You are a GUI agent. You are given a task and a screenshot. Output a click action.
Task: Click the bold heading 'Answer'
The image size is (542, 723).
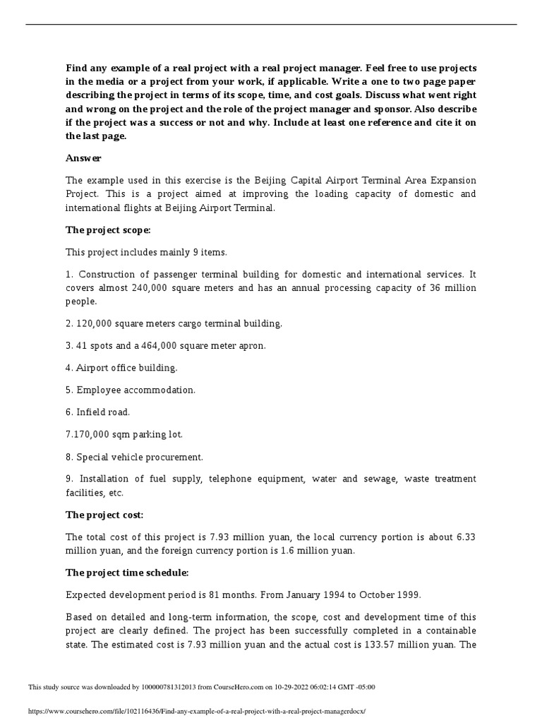[x=83, y=159]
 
